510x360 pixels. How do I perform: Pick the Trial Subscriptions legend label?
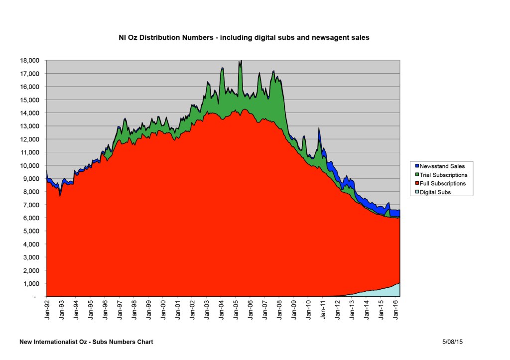coord(443,175)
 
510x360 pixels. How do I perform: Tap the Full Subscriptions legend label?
coord(443,183)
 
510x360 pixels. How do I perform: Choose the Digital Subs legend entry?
coord(435,192)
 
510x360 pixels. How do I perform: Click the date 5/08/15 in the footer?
coord(452,342)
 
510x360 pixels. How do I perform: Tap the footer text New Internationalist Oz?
coord(86,342)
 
